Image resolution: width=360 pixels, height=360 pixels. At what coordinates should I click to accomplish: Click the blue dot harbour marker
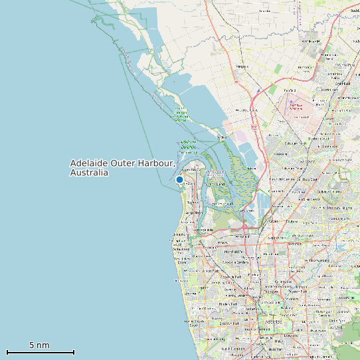pos(179,179)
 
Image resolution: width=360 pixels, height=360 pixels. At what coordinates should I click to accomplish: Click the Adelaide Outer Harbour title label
pos(123,163)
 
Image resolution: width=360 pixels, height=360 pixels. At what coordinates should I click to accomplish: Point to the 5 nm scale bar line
pos(40,352)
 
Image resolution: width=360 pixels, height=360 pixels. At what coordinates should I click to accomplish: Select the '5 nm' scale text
pos(39,345)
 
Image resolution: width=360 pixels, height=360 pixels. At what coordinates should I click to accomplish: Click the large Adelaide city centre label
pos(274,322)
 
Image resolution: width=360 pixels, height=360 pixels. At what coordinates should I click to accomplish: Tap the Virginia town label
pos(242,67)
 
